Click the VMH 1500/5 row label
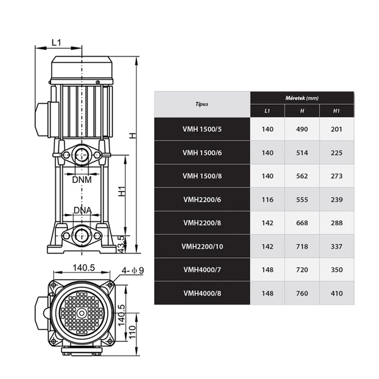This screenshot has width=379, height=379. point(202,128)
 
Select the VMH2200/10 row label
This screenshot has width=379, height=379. point(202,246)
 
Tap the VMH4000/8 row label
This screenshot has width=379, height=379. point(202,293)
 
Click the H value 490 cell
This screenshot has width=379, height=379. point(302,128)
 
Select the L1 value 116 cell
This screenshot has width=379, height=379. point(267,199)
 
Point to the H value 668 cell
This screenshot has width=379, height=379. point(302,223)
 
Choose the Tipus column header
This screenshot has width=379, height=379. point(202,104)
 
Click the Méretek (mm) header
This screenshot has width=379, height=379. point(302,97)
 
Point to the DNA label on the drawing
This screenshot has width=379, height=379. point(82,210)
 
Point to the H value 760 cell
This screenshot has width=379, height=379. point(302,293)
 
